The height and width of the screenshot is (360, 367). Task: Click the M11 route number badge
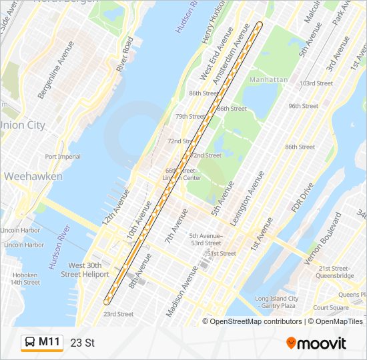pyautogui.click(x=49, y=342)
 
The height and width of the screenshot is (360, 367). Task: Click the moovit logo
pyautogui.click(x=316, y=343)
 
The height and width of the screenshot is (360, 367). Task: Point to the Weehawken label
pyautogui.click(x=33, y=177)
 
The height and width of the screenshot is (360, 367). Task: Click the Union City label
pyautogui.click(x=22, y=125)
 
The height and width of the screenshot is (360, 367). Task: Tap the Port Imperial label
pyautogui.click(x=63, y=157)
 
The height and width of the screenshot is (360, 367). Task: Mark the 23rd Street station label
pyautogui.click(x=118, y=314)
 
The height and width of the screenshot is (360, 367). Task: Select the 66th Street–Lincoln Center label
pyautogui.click(x=182, y=174)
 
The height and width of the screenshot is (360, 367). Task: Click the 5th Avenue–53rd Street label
pyautogui.click(x=205, y=239)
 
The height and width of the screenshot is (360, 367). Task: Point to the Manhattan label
pyautogui.click(x=268, y=80)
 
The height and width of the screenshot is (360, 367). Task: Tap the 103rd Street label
pyautogui.click(x=316, y=83)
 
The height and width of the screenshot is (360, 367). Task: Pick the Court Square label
pyautogui.click(x=331, y=307)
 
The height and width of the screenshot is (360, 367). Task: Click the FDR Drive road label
pyautogui.click(x=301, y=199)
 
